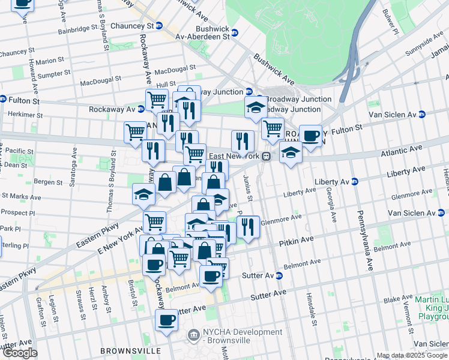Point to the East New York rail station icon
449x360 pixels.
(266, 156)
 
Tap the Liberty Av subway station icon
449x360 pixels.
(354, 181)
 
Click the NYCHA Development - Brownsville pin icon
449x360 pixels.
(194, 334)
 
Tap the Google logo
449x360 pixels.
(19, 353)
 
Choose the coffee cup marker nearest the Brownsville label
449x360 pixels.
(166, 320)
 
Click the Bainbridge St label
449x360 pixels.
(77, 28)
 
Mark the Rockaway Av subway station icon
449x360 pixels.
(140, 109)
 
